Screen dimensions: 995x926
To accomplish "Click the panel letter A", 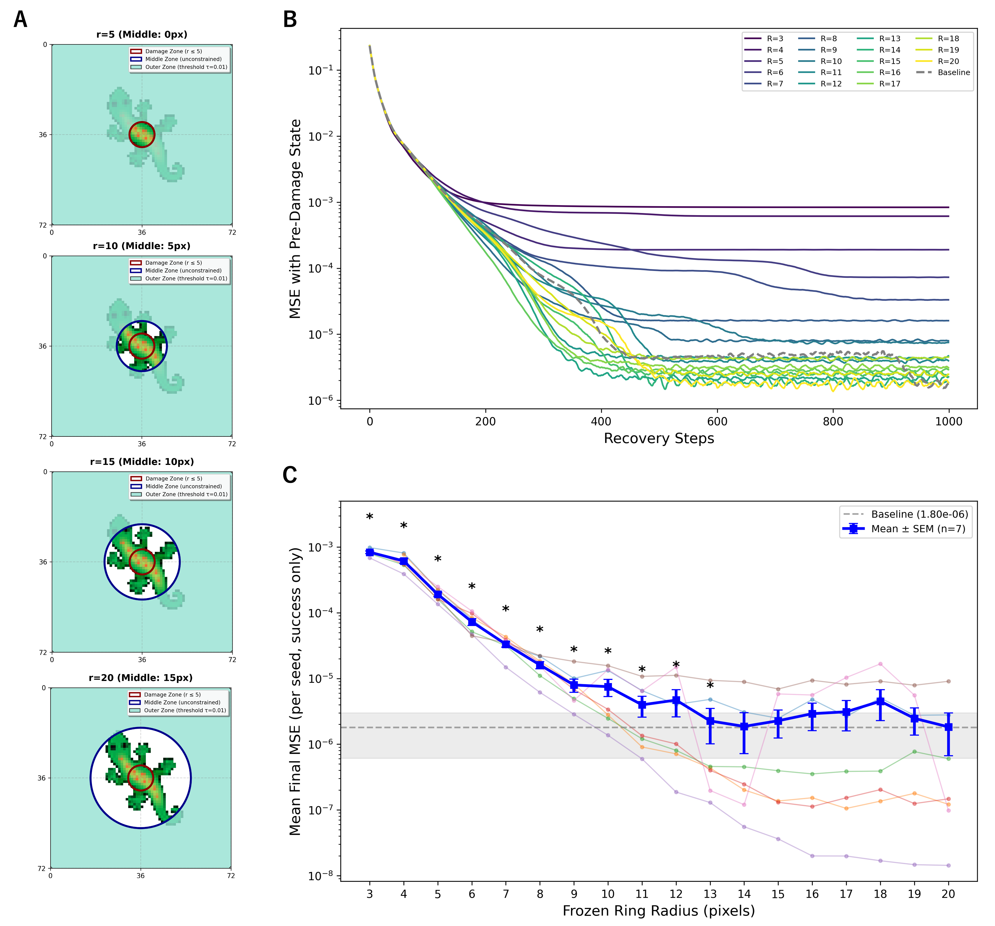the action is click(x=21, y=20).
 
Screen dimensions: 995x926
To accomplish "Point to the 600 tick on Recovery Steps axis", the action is click(x=717, y=421).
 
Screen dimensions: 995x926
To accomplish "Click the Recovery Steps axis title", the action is click(x=659, y=438).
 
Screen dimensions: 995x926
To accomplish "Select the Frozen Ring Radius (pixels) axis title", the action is click(x=659, y=910).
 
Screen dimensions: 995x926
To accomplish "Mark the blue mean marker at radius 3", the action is click(x=370, y=552).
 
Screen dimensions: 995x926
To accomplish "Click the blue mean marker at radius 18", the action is click(x=880, y=702).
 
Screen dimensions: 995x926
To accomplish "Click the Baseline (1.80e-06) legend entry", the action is click(x=906, y=514).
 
